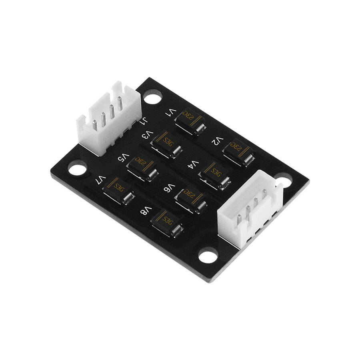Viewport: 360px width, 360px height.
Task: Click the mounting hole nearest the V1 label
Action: [152, 96]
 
